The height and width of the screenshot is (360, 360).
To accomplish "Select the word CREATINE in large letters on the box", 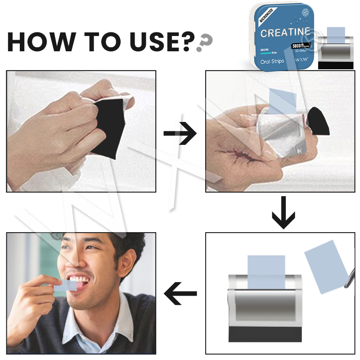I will (x=285, y=32).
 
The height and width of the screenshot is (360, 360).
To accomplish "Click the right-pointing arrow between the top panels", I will (x=180, y=134).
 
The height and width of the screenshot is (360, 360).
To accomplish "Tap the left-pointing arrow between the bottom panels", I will (x=180, y=294).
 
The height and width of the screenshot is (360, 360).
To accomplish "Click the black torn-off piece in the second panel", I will (x=319, y=121).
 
